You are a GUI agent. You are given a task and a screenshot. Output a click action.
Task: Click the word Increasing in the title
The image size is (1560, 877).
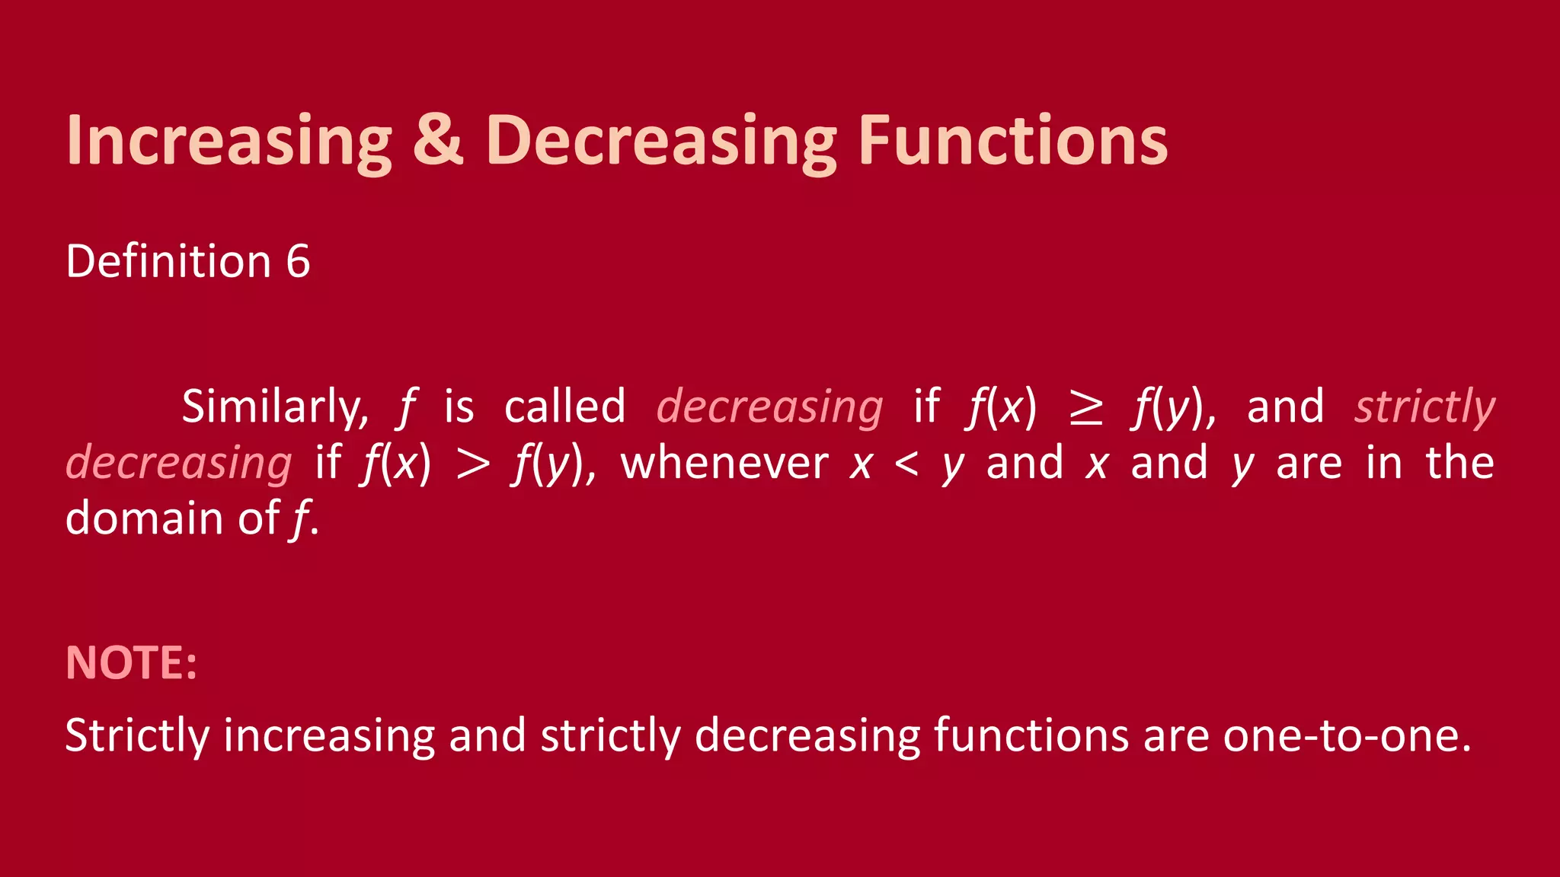tap(229, 141)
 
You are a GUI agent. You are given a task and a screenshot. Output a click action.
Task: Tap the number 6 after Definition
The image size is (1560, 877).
tap(298, 262)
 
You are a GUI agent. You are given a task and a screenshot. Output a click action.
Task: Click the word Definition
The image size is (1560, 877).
tap(168, 262)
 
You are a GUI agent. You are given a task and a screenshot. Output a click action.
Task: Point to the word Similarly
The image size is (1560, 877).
tap(275, 407)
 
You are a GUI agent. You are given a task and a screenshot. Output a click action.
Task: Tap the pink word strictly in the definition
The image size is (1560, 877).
tap(1424, 407)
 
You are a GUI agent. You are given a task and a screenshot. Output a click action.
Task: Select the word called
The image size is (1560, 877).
tap(564, 406)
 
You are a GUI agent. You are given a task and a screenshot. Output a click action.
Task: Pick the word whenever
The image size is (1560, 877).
tap(724, 464)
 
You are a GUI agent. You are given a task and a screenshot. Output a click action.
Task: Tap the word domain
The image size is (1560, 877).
tap(145, 518)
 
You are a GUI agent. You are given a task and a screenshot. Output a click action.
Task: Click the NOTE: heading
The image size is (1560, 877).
tap(131, 662)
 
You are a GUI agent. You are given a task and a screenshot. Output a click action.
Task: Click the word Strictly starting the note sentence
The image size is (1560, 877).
tap(137, 736)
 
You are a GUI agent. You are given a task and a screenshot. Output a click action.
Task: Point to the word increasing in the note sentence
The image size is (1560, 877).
tap(328, 736)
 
